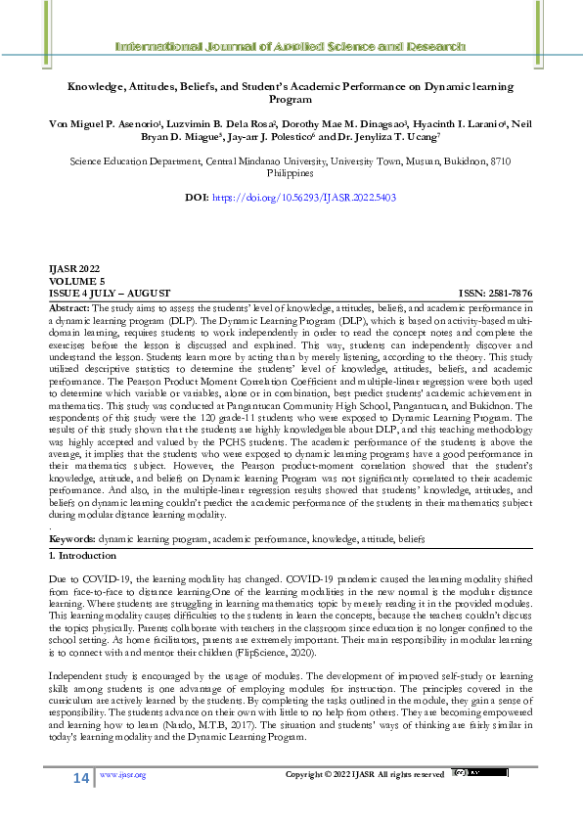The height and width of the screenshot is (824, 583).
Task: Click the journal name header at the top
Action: coord(291,47)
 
